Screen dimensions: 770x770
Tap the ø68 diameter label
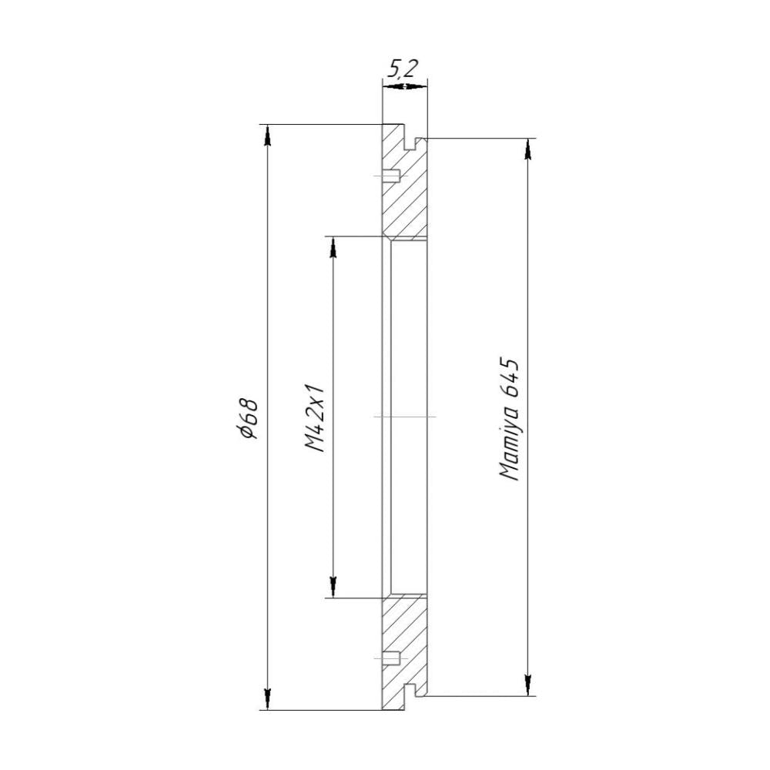[247, 417]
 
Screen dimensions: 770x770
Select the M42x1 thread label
[315, 417]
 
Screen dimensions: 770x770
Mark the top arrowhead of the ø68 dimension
[267, 136]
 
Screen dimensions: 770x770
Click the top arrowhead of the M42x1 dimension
[333, 247]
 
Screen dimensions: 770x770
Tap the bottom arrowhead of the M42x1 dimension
[333, 588]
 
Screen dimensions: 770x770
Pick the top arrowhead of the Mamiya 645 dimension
[528, 149]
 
